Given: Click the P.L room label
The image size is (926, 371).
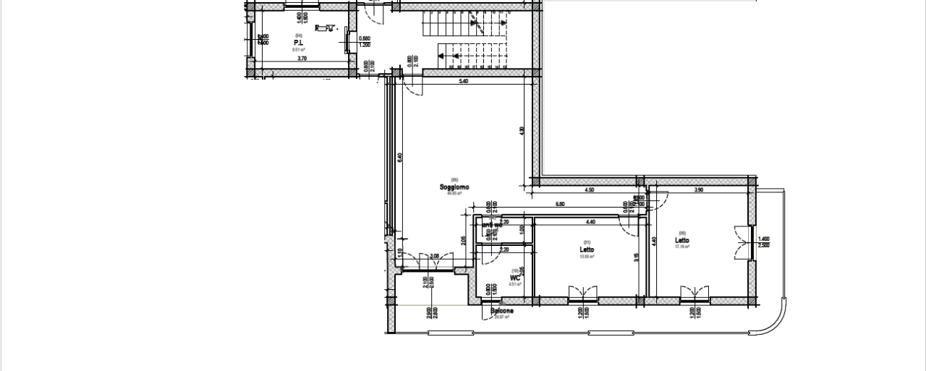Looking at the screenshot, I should [297, 43].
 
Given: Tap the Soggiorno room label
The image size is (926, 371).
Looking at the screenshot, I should [454, 187].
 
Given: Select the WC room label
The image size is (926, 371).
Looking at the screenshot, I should [515, 278].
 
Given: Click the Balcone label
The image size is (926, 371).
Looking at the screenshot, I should [502, 312].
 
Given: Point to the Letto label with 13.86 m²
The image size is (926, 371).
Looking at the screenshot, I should [587, 250].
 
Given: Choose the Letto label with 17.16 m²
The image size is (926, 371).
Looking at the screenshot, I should [682, 241].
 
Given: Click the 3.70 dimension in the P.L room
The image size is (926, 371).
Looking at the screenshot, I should [281, 59].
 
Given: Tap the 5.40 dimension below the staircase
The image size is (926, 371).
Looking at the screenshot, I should [464, 82].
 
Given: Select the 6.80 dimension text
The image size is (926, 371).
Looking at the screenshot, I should [561, 205].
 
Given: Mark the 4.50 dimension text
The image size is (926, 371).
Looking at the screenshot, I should [590, 190].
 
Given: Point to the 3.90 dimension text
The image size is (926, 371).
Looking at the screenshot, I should [698, 190].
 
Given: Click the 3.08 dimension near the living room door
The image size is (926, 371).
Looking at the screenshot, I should [435, 256].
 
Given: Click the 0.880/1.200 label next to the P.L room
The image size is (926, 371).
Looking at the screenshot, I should [365, 41].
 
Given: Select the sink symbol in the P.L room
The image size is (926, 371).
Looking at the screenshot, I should [326, 28].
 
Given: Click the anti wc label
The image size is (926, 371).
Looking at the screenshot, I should [492, 225].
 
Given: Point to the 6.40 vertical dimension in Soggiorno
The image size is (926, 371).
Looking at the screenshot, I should [400, 157].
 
